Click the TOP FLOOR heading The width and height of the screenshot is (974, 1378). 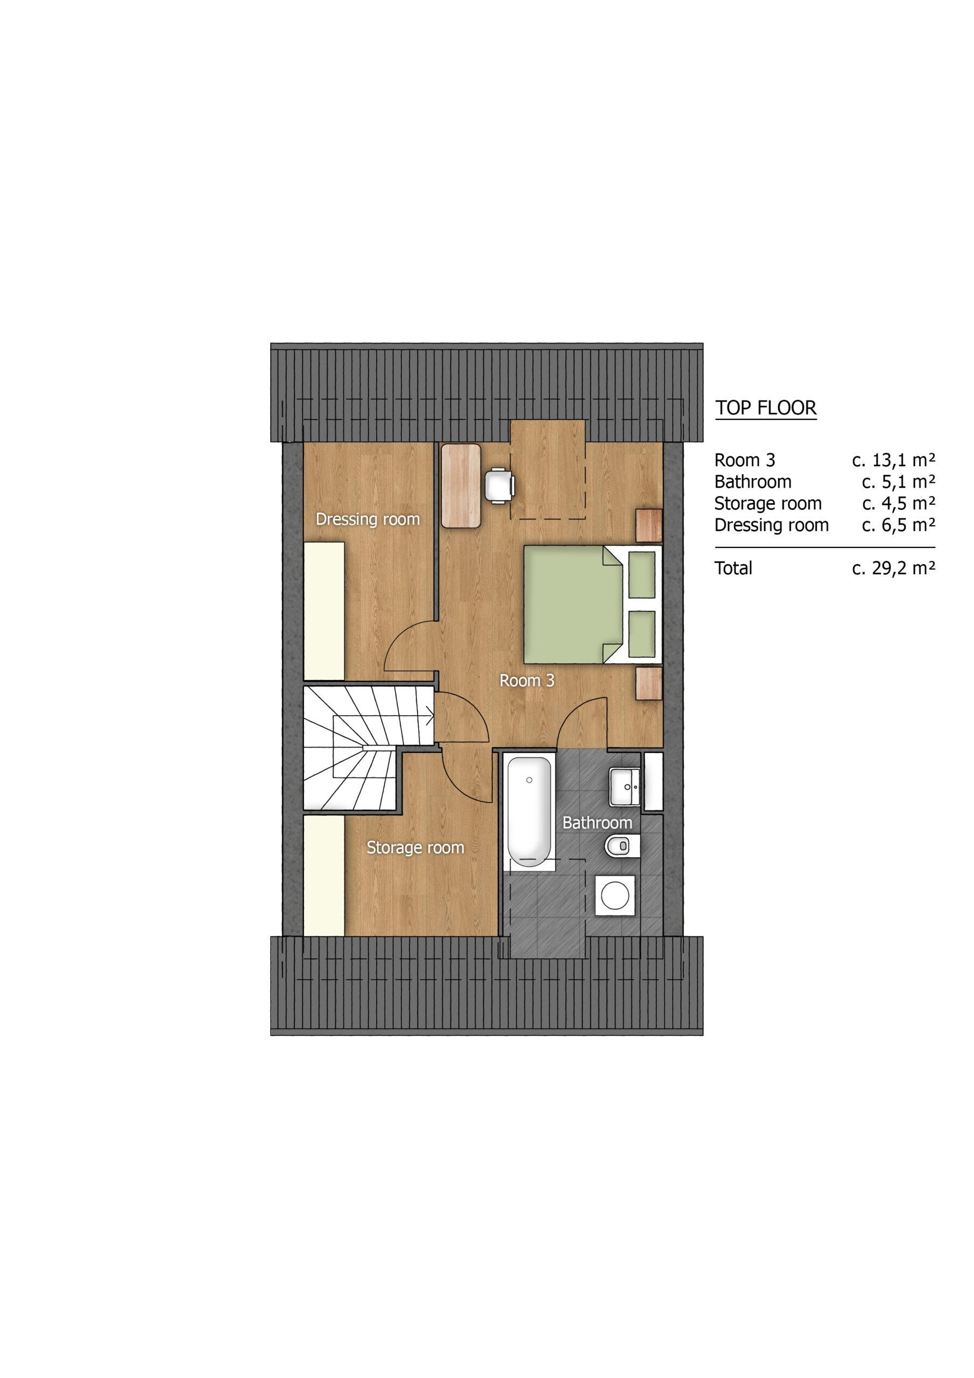coord(766,408)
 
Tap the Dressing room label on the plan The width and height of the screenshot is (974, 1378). coord(368,519)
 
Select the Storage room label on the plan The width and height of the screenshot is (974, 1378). coord(415,847)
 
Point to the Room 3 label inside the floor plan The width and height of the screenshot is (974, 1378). coord(527,680)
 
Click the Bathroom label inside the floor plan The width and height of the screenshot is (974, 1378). coord(597,822)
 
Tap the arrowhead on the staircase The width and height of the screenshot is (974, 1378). coord(429,714)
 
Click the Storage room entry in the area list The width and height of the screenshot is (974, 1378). coord(767,503)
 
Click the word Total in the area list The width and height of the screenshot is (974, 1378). coord(733,568)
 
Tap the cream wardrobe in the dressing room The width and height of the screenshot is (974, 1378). coord(324,611)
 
